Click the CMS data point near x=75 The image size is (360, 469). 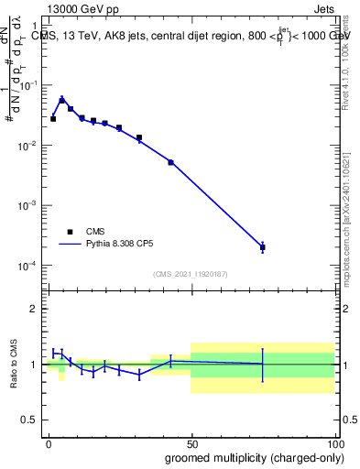click(x=263, y=247)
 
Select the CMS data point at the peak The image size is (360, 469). click(x=62, y=101)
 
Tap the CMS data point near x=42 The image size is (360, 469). click(x=170, y=162)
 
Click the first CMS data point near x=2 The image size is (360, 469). click(x=53, y=119)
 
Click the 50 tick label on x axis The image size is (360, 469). click(x=191, y=443)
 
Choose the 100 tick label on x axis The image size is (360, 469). click(x=334, y=443)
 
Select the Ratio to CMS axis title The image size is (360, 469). click(x=13, y=364)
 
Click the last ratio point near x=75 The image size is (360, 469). click(x=263, y=365)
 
